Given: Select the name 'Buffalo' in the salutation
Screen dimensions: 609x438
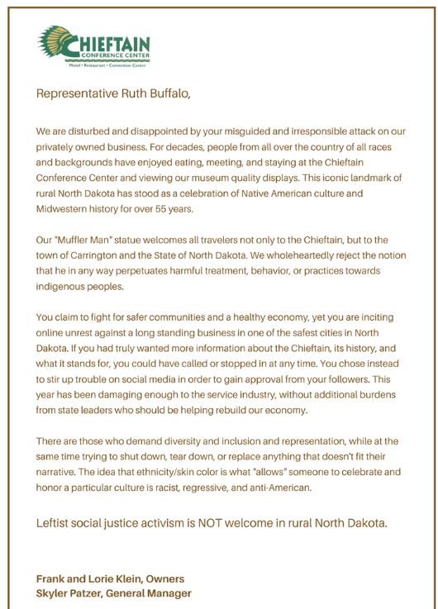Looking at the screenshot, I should (x=168, y=93).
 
